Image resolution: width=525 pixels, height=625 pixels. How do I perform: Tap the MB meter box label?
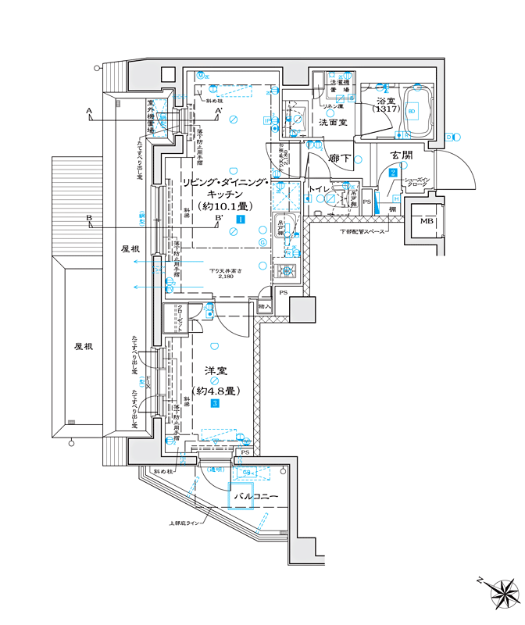pyautogui.click(x=427, y=222)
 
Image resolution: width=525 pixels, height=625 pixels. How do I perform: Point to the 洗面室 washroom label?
pyautogui.click(x=334, y=123)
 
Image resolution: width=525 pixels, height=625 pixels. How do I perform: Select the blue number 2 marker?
pyautogui.click(x=394, y=173)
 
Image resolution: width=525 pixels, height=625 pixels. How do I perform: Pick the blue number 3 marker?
pyautogui.click(x=213, y=404)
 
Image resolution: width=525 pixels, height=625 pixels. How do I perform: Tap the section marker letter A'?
pyautogui.click(x=221, y=112)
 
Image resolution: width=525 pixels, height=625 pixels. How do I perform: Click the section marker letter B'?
pyautogui.click(x=221, y=220)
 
